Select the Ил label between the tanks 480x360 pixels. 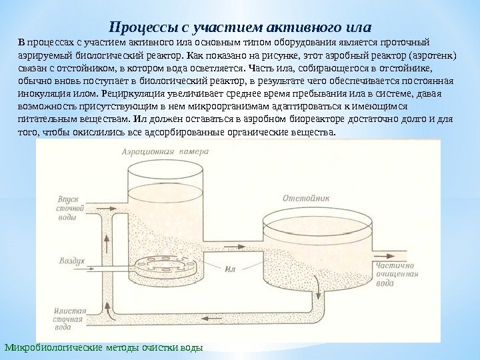[x=231, y=269]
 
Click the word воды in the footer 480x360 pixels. [x=189, y=347]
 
